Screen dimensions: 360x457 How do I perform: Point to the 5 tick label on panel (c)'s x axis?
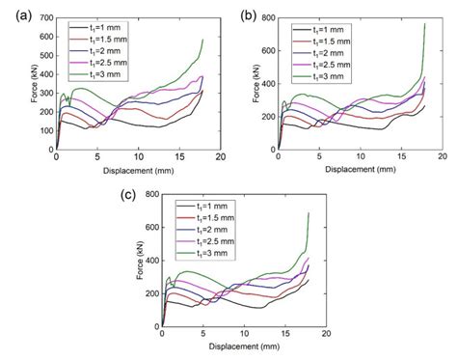202,336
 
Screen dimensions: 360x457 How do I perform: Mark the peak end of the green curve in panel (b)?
424,24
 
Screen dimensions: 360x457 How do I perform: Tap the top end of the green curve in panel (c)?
309,213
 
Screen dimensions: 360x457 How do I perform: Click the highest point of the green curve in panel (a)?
203,41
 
